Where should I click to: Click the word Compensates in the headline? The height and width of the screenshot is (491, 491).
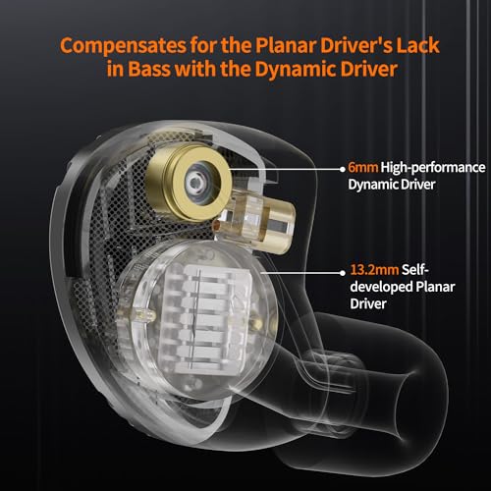[123, 45]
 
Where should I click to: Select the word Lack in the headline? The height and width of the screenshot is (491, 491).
[417, 45]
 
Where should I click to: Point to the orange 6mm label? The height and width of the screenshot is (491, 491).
[363, 167]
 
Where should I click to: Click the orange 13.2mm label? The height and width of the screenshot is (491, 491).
[374, 270]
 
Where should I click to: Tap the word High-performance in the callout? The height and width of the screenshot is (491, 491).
[433, 168]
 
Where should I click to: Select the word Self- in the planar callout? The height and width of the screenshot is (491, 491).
[415, 270]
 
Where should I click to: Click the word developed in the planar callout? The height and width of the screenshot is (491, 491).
[381, 288]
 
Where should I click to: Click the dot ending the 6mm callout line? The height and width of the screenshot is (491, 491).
[343, 169]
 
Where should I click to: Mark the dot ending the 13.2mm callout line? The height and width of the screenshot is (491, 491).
[343, 272]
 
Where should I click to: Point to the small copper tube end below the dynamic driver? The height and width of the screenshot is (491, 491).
[217, 226]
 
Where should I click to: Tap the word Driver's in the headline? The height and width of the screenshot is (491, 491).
[356, 45]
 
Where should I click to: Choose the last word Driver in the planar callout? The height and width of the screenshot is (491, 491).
[368, 304]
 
